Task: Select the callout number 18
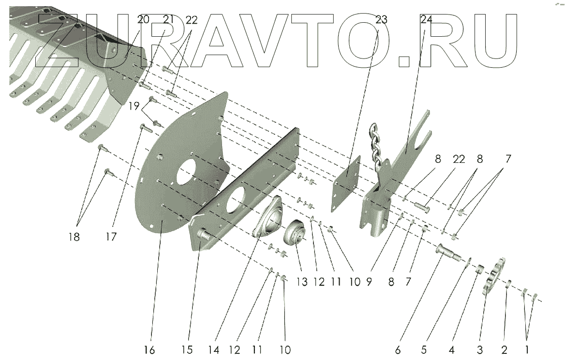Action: tap(74, 237)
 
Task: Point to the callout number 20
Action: tap(143, 20)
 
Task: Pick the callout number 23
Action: tap(382, 20)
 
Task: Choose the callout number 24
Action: tap(426, 20)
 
